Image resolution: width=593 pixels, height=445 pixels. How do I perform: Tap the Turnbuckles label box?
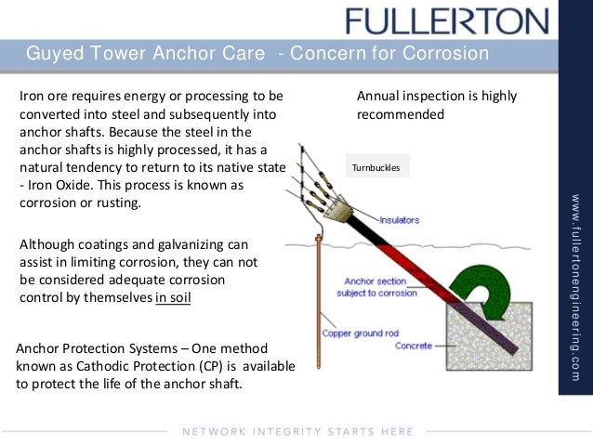point(376,168)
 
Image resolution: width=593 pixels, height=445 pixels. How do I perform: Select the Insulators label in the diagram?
point(399,220)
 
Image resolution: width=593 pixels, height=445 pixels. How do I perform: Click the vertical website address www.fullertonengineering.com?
point(575,274)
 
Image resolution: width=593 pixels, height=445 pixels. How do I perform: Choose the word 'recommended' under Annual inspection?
point(401,114)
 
